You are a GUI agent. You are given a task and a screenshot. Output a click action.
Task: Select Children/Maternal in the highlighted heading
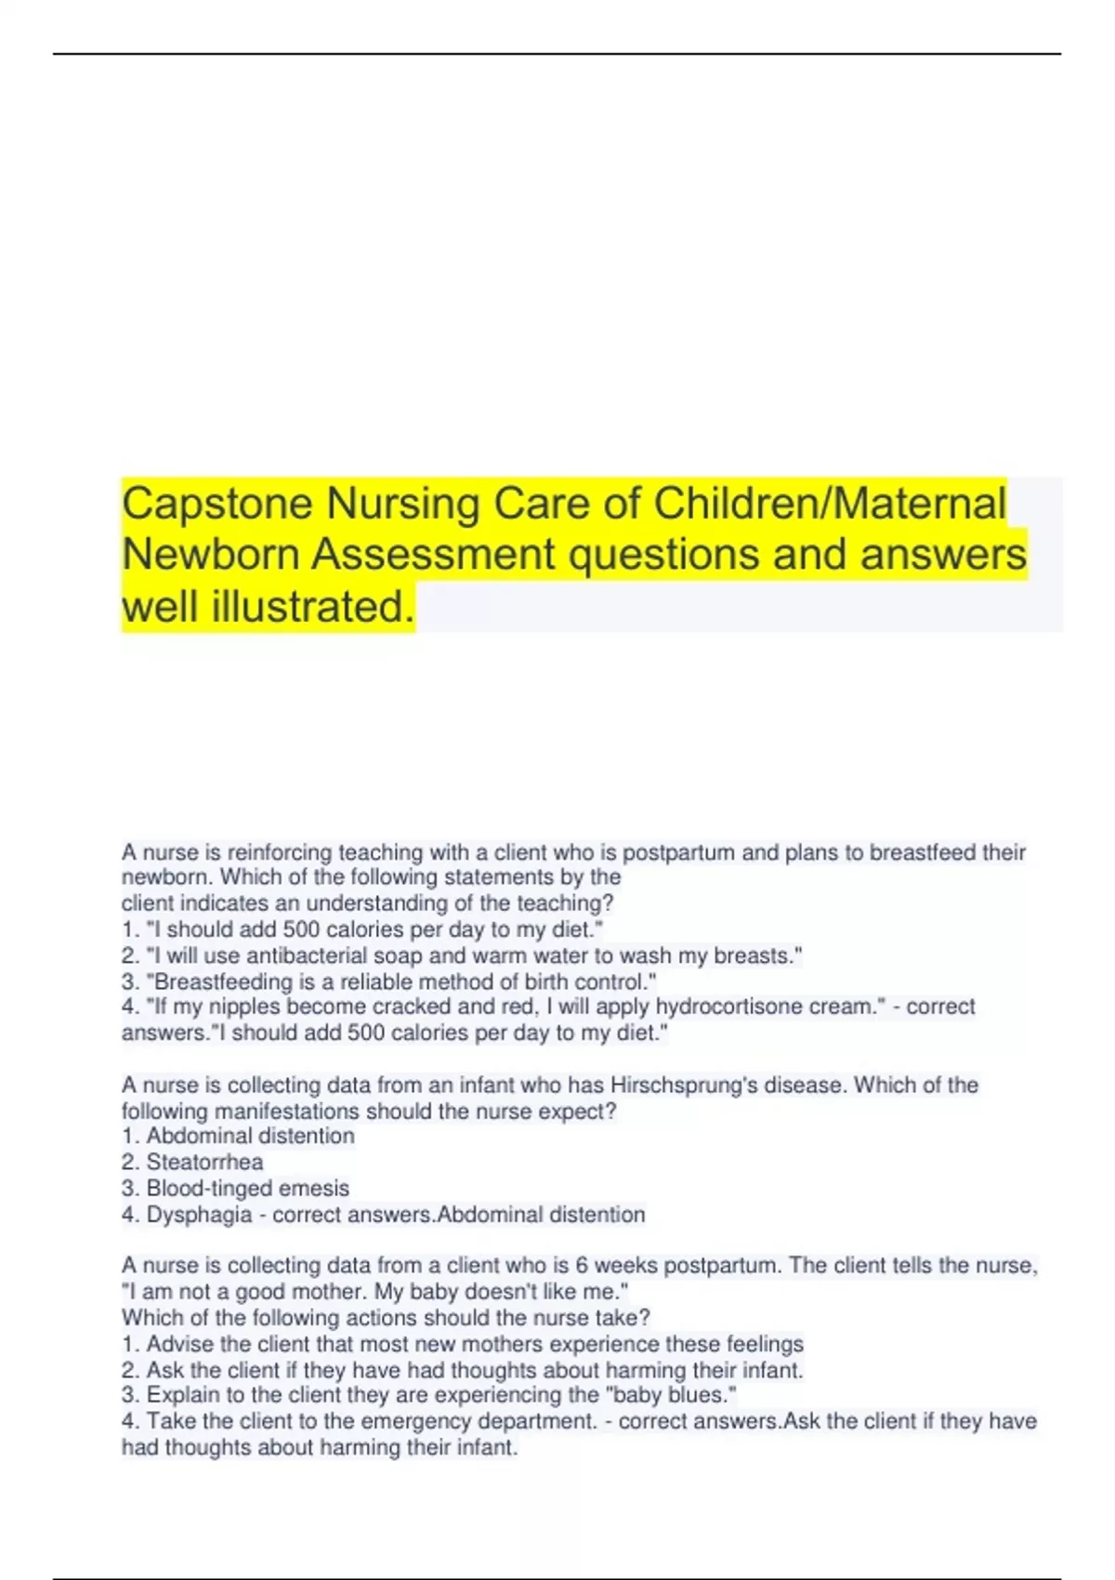click(x=830, y=503)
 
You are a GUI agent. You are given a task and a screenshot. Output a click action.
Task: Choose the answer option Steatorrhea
click(x=204, y=1162)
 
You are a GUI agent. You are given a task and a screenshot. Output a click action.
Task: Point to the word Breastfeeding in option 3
click(x=220, y=981)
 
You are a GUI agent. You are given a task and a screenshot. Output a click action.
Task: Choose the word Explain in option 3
click(x=183, y=1395)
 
